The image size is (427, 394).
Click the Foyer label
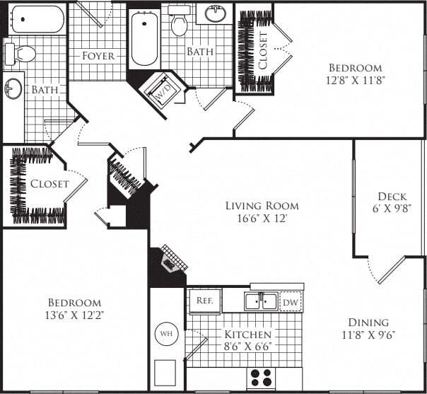click(x=98, y=56)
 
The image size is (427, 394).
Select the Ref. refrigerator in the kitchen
click(x=205, y=301)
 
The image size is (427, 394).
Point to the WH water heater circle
click(x=166, y=332)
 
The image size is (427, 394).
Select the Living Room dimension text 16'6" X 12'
click(x=262, y=219)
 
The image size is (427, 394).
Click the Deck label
click(x=391, y=197)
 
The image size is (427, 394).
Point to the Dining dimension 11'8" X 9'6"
click(x=368, y=335)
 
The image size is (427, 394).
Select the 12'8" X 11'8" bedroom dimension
click(x=355, y=80)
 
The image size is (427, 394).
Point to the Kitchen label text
click(x=248, y=335)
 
